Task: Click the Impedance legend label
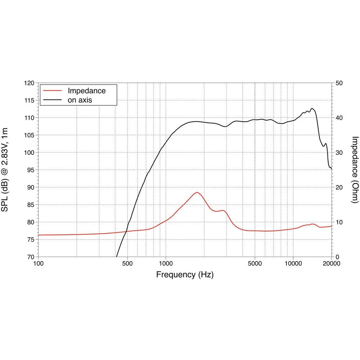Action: (x=87, y=91)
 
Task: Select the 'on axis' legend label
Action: (x=80, y=100)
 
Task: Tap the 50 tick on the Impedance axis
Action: (x=339, y=83)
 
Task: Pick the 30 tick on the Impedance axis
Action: (x=339, y=153)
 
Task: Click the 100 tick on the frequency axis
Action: (x=38, y=264)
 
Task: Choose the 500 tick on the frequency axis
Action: (x=127, y=264)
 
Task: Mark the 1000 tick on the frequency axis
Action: (x=166, y=264)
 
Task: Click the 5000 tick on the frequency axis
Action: (x=255, y=264)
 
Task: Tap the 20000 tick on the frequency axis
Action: (x=331, y=264)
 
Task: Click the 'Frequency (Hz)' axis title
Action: (x=185, y=275)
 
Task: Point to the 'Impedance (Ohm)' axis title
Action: (x=355, y=170)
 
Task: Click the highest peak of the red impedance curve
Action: (x=197, y=192)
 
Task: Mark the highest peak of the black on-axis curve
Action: (x=312, y=108)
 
